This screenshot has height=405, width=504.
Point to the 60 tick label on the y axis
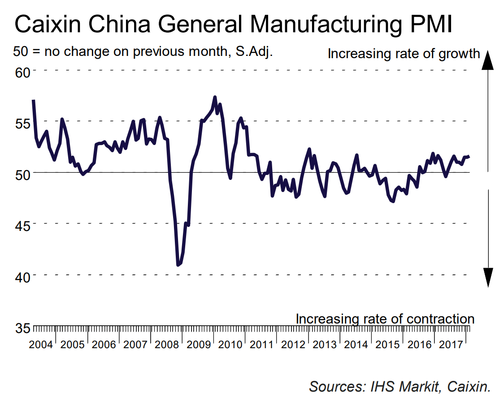[x=22, y=72]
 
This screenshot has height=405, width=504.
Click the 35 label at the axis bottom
[x=22, y=328]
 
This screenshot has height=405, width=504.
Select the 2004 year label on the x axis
[x=41, y=345]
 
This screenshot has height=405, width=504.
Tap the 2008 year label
[x=167, y=345]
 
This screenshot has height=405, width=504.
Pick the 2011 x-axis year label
[x=261, y=345]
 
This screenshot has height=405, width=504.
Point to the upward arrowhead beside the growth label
[x=487, y=60]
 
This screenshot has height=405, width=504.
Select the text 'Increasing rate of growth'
[x=404, y=54]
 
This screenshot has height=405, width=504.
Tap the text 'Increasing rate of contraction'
[x=385, y=319]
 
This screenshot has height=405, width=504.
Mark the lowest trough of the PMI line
[x=178, y=265]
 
